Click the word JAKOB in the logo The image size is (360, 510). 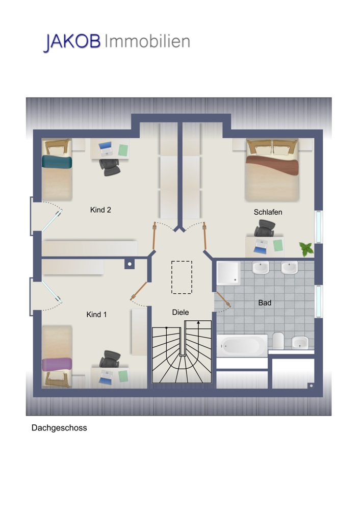coord(72,42)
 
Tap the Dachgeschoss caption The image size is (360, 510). coord(59,428)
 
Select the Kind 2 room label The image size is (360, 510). coord(100,210)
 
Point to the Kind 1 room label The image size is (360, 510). coord(96,315)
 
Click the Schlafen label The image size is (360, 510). coord(268,212)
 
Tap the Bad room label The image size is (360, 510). coord(265,303)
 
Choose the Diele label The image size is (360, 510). coord(181,312)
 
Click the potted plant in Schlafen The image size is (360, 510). coord(306,249)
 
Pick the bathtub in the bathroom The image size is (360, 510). coord(242,346)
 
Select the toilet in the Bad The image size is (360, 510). coord(278,341)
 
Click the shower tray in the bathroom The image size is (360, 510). coord(228,272)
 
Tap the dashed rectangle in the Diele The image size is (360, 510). coord(182,277)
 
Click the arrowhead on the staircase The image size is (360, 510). coord(198,323)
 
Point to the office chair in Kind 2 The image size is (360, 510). coord(110,167)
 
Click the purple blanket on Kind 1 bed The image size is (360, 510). coord(57,364)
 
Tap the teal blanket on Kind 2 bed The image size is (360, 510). coord(57,162)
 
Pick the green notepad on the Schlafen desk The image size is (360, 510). coord(278,245)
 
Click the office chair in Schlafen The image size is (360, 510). coord(264,228)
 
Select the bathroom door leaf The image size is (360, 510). coord(224,299)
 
